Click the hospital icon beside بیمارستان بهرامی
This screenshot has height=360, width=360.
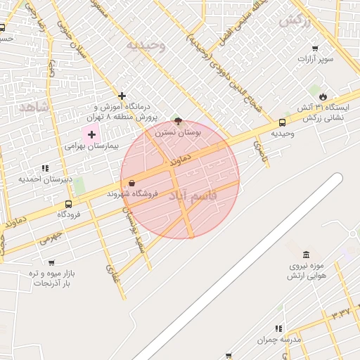coord(91,134)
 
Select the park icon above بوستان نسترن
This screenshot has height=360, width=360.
coord(177,121)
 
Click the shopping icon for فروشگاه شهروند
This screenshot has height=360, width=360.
coord(132,184)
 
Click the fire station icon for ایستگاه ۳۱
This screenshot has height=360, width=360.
coord(322,97)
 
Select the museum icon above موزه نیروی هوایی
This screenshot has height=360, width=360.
coord(305,255)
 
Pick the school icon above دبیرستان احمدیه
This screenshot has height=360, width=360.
coord(46,168)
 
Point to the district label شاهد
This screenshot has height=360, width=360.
coord(32,106)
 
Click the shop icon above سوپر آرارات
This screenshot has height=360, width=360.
coord(314,49)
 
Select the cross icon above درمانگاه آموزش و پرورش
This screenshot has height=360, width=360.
coord(122,96)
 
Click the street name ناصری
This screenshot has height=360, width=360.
coord(261,150)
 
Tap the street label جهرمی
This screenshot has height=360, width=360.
coord(51,237)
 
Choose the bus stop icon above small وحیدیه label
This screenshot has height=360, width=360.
coord(282,122)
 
